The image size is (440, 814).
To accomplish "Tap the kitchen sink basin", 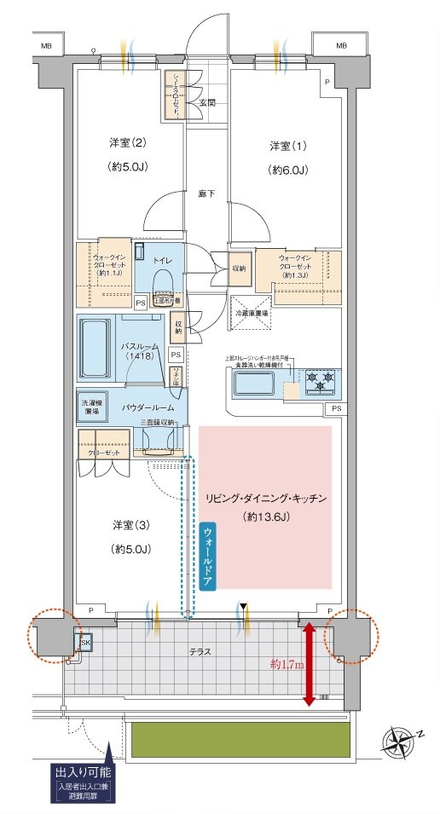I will pyautogui.click(x=257, y=384).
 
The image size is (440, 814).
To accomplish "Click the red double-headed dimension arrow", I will pyautogui.click(x=309, y=663).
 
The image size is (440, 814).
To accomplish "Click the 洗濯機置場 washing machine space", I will pyautogui.click(x=91, y=407).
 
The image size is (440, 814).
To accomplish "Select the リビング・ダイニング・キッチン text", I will pyautogui.click(x=264, y=498).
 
